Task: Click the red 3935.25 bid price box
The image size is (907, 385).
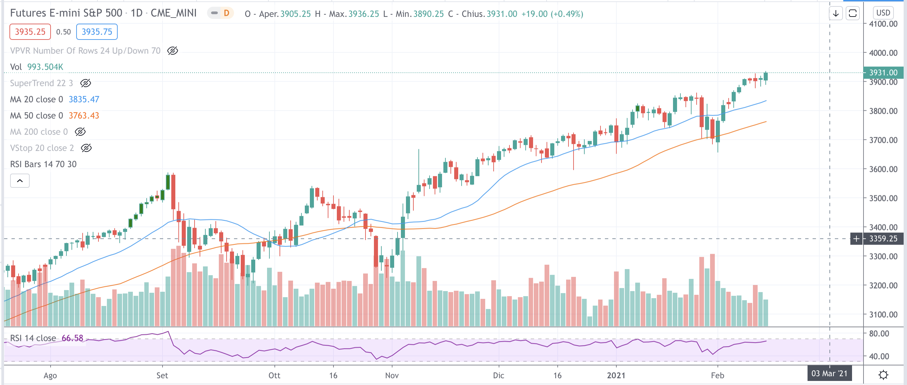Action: (x=30, y=32)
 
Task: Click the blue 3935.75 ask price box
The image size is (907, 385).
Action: (x=96, y=32)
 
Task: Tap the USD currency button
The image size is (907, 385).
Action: (x=883, y=13)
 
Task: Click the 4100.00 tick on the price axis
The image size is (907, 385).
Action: (x=883, y=24)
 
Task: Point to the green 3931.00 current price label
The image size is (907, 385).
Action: (x=883, y=73)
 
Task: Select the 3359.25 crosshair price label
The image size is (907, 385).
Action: (x=883, y=239)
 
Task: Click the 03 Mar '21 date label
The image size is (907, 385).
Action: (x=829, y=374)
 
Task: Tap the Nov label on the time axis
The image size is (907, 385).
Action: (x=391, y=375)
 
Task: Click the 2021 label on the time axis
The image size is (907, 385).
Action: (x=616, y=375)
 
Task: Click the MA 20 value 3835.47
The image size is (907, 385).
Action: (x=84, y=99)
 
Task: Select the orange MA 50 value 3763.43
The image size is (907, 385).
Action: (x=84, y=115)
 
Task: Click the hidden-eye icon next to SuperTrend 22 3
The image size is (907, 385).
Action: (x=86, y=83)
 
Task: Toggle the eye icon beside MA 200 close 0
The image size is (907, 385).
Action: (x=80, y=132)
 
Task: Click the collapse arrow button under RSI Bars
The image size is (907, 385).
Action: (x=20, y=181)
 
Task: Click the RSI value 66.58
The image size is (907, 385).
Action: (x=72, y=338)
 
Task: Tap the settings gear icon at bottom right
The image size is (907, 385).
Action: (x=883, y=374)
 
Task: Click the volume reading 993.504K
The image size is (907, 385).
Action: (x=45, y=67)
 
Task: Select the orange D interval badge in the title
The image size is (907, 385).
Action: (x=226, y=13)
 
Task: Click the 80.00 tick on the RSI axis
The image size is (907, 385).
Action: (x=878, y=334)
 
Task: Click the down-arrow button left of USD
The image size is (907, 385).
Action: (x=836, y=14)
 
